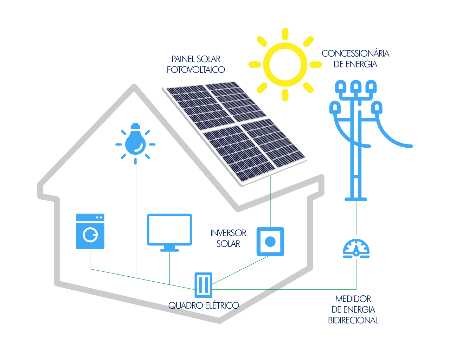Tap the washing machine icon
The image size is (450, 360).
[90, 231]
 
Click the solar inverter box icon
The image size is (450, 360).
[270, 242]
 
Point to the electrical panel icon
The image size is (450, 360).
[204, 285]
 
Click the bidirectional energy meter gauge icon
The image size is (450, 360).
[356, 249]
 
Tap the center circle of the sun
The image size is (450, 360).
[285, 64]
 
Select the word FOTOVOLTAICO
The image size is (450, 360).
[196, 70]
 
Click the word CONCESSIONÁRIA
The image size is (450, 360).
[355, 53]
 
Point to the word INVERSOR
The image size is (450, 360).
[228, 233]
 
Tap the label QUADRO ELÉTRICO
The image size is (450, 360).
[204, 305]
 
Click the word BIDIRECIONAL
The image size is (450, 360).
[353, 320]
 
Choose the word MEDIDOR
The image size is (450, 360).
[353, 299]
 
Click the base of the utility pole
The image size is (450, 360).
[356, 199]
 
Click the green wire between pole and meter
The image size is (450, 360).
[356, 218]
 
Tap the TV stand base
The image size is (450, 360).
[169, 250]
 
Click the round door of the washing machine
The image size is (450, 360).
[91, 234]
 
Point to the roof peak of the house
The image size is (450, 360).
[134, 86]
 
